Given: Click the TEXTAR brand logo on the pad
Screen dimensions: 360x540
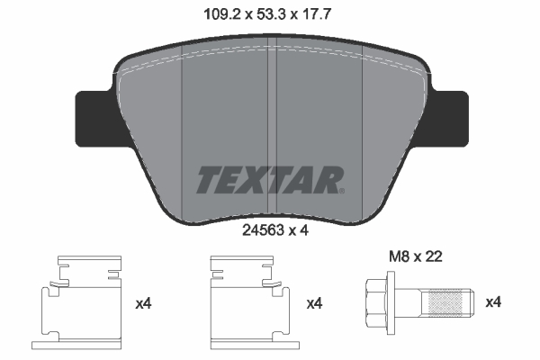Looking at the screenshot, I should (x=268, y=179).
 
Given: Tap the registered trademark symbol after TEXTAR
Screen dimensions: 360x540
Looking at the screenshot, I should (x=339, y=190).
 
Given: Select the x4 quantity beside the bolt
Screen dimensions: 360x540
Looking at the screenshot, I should (x=494, y=303).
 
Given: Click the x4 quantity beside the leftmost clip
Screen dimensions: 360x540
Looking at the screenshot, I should (x=143, y=303).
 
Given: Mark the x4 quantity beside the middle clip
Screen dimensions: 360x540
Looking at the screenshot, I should (x=314, y=303).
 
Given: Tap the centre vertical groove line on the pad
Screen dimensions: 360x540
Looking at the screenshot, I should (x=274, y=135).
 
